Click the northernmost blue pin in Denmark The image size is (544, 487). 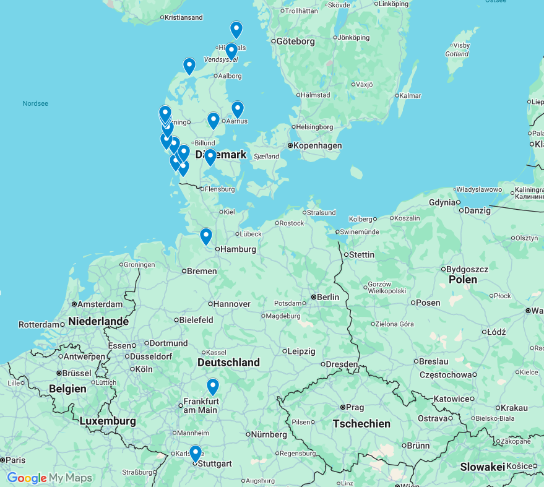236,30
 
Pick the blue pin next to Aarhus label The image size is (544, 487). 238,110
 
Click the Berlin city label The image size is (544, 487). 327,297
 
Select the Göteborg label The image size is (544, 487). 296,41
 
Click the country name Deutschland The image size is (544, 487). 228,362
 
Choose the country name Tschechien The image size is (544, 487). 361,424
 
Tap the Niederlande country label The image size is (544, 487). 98,321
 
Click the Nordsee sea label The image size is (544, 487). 35,103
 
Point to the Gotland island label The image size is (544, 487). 456,54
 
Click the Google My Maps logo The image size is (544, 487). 50,478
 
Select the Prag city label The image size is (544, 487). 355,407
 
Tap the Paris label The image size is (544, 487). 15,460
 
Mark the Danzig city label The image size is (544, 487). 477,210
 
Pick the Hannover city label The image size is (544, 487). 231,304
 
